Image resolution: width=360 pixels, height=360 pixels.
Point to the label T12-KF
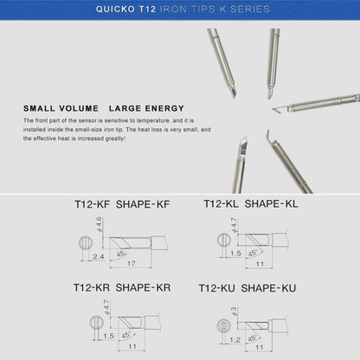(x=90, y=207)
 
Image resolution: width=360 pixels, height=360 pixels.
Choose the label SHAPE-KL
(x=273, y=207)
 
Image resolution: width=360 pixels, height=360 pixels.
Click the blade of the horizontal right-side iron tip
(x=280, y=110)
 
